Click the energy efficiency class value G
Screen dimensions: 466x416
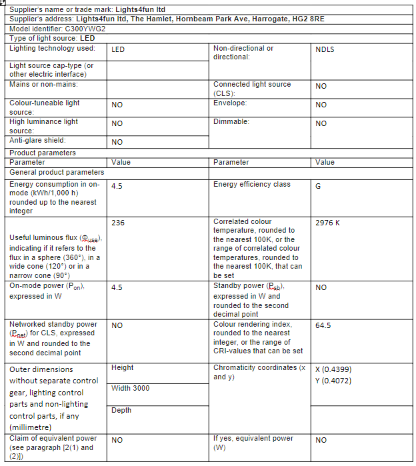tap(318, 186)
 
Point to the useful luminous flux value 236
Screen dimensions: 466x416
tap(119, 223)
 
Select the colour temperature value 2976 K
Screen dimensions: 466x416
tap(327, 223)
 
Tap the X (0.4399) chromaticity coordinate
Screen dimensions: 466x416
tap(333, 369)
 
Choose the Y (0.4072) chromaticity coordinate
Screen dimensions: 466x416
tap(333, 381)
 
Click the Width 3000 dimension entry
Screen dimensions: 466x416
tap(130, 389)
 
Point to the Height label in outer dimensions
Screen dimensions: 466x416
tap(123, 367)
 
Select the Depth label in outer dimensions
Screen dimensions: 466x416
tap(121, 410)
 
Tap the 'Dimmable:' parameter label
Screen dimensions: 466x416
tap(231, 122)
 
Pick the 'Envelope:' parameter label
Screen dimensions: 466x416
tap(230, 103)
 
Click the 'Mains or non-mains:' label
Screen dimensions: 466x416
tap(43, 85)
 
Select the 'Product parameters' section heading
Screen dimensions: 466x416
tap(43, 153)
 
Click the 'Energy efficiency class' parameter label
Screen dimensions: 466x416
tap(252, 185)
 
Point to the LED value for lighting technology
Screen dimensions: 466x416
tap(118, 49)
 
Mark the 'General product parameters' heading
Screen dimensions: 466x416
tap(57, 172)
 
